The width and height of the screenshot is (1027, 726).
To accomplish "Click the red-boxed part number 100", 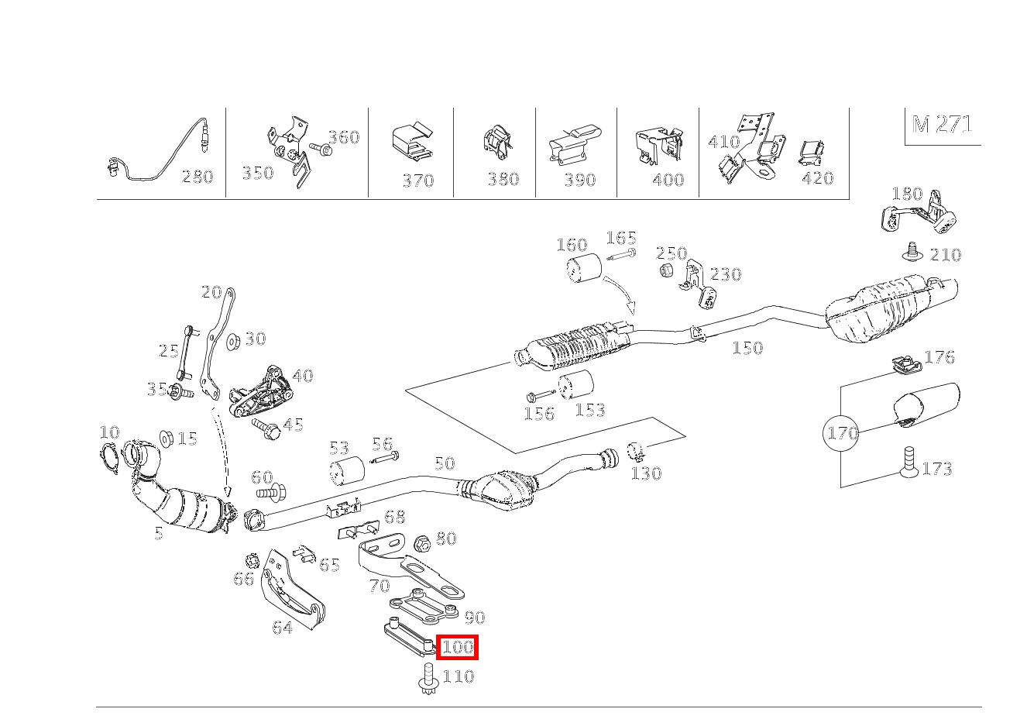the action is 457,647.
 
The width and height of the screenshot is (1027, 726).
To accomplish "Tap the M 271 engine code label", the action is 942,124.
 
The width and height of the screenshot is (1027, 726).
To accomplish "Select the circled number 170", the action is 841,433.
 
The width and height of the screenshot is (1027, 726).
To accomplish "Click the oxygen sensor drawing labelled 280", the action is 159,150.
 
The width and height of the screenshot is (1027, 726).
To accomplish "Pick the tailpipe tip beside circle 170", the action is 926,405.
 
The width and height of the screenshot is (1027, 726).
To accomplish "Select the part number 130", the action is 647,473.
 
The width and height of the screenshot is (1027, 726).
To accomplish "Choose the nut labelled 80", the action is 423,545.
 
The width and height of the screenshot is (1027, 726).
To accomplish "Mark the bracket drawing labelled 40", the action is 260,392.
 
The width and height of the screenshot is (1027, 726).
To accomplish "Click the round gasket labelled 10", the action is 109,457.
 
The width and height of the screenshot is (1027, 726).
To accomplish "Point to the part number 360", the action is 344,137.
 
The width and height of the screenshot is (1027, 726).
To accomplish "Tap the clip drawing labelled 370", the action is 413,142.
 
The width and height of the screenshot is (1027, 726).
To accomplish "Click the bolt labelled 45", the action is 266,428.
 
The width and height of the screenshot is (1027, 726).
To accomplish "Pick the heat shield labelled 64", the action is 294,590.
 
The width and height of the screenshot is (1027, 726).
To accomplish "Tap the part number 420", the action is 818,178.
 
